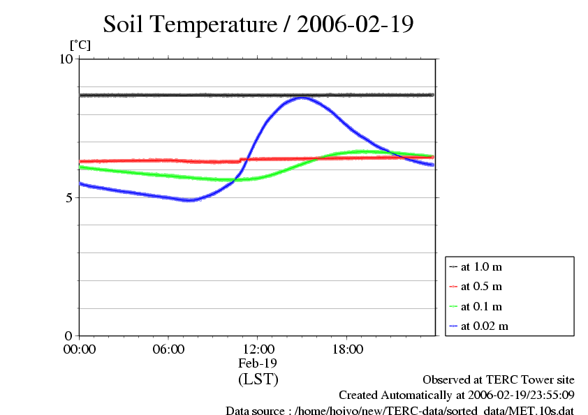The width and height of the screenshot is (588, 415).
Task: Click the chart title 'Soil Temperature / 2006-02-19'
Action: (x=258, y=25)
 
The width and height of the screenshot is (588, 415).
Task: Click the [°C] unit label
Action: (x=80, y=45)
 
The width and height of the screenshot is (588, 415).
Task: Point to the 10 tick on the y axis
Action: (x=66, y=59)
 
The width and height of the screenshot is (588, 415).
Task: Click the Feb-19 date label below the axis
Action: (x=258, y=364)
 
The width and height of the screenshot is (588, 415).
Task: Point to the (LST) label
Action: (x=258, y=379)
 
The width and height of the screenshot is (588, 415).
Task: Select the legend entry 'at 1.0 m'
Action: (x=482, y=266)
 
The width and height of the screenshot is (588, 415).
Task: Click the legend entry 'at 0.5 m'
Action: (x=482, y=286)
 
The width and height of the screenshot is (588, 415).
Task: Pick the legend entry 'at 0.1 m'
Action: (x=482, y=306)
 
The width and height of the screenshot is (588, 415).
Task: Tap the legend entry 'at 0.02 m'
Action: (x=484, y=326)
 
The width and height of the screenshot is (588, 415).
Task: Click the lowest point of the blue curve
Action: (x=189, y=200)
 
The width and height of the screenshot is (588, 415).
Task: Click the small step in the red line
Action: (x=241, y=160)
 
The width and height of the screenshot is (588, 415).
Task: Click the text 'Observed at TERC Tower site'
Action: (x=499, y=380)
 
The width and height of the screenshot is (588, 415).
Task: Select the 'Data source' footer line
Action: (x=399, y=411)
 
